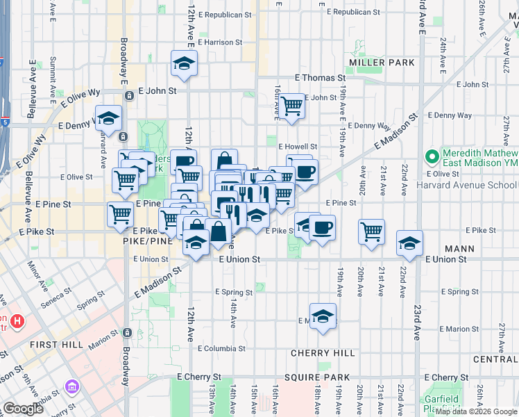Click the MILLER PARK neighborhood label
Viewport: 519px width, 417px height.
tap(382, 63)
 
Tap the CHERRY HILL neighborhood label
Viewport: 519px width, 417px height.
tap(322, 353)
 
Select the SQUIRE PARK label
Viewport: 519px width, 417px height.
tap(321, 377)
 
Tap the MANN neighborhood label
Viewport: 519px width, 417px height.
tap(460, 248)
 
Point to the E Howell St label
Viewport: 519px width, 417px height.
tap(298, 147)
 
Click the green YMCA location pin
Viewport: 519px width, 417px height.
tap(432, 156)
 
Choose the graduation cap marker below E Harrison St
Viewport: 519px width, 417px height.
tap(184, 63)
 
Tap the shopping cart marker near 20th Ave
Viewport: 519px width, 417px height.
tap(372, 231)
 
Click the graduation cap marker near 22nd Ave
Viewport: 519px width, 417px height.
tap(409, 243)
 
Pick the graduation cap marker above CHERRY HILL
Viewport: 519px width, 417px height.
tap(323, 316)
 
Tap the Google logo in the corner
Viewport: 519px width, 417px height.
tap(23, 409)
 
